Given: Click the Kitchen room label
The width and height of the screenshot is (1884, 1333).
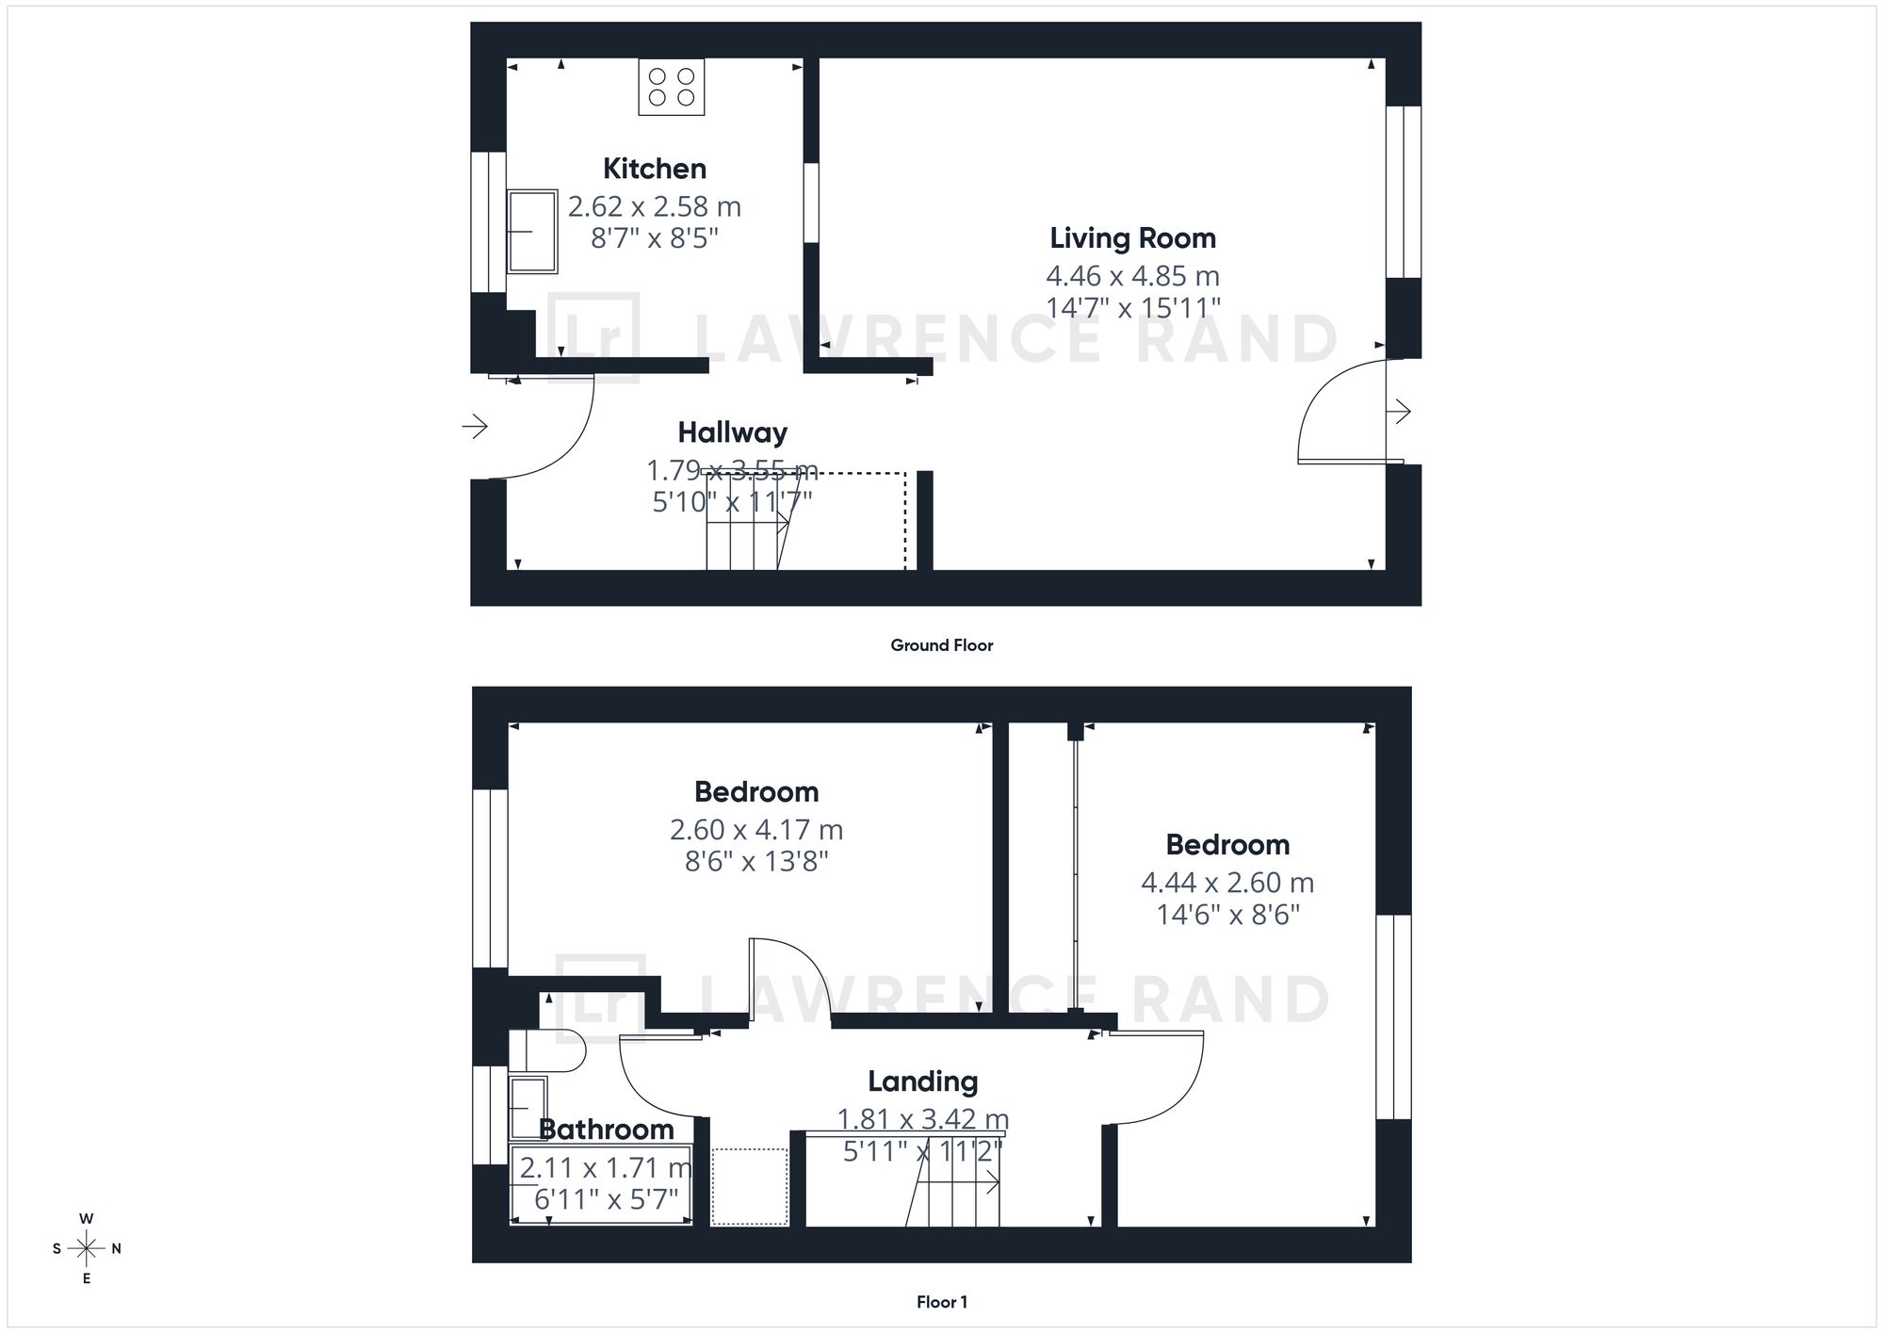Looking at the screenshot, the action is [x=655, y=169].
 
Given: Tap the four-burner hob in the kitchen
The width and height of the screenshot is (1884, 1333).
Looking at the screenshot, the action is [x=672, y=87].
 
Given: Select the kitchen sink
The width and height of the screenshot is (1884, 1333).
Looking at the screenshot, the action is [x=532, y=231].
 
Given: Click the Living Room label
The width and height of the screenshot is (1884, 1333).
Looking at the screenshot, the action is [x=1133, y=238].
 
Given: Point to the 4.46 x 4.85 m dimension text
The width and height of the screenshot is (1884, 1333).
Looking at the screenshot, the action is [x=1133, y=276].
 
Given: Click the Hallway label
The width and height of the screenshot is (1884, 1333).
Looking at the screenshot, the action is [x=733, y=432].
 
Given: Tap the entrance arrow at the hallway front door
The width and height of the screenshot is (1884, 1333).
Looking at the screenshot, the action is [x=475, y=427].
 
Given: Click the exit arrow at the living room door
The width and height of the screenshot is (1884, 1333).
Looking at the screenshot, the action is [x=1400, y=412].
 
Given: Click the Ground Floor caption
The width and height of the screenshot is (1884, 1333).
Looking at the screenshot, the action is [x=942, y=645].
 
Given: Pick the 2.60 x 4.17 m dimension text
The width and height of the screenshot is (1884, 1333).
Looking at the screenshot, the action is [x=756, y=830].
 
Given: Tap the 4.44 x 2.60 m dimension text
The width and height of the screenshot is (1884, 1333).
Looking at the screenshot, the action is [x=1227, y=883].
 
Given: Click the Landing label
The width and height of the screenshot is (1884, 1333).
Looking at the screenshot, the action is [x=923, y=1081].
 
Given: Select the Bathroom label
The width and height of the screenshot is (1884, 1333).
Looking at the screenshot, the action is [x=607, y=1129].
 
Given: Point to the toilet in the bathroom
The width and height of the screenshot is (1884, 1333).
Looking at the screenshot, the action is [x=547, y=1051].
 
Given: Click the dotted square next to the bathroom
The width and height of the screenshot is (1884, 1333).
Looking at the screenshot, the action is [x=750, y=1187].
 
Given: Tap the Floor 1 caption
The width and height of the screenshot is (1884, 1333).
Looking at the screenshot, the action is [x=942, y=1302].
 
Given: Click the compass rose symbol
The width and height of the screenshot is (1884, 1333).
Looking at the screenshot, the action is [x=87, y=1249].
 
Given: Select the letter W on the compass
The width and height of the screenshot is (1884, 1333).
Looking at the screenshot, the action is [x=87, y=1219].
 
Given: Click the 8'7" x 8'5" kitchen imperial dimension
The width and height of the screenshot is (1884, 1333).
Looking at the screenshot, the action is [x=655, y=238].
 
